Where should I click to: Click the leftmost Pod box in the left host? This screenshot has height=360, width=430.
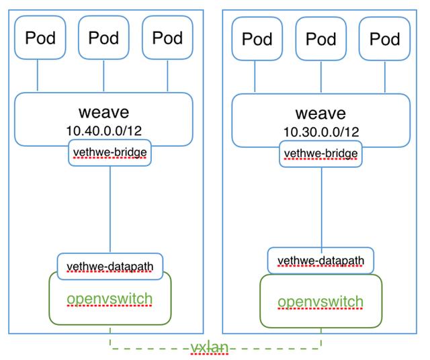pos(40,38)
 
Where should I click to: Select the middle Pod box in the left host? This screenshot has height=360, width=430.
pos(104,38)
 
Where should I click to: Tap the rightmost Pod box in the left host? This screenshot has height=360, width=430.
pos(167,38)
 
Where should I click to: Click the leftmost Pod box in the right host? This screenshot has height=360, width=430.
pos(257,39)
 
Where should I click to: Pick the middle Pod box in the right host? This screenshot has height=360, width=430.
pos(320,39)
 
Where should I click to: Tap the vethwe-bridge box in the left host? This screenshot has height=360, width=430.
pos(109,154)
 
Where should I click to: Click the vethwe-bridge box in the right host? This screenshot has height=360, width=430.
pos(320,154)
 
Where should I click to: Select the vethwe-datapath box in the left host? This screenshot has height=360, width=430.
pos(110,265)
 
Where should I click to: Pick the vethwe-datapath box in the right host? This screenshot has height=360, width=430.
pos(320,261)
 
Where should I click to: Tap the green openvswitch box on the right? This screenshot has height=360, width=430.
pos(320,302)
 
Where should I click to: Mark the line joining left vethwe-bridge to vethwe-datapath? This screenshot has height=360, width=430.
pos(110,208)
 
